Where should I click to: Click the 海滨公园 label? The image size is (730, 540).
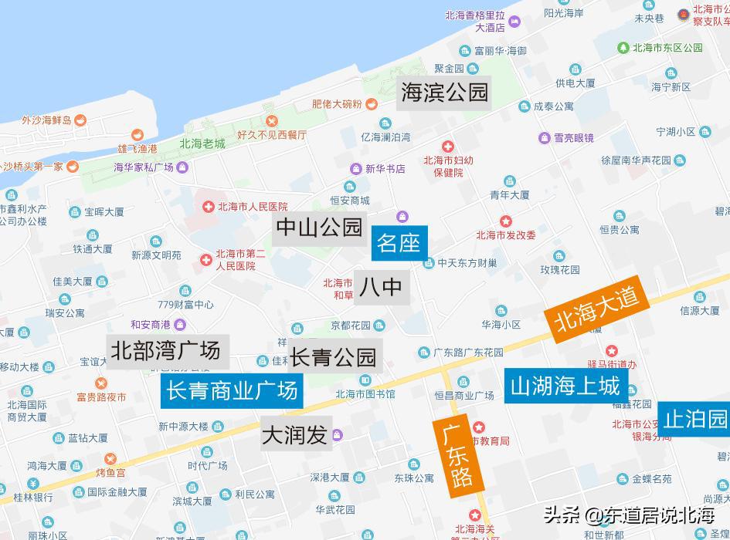tap(445, 92)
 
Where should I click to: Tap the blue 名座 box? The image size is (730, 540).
tap(399, 243)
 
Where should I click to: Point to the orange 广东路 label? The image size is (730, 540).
tap(457, 455)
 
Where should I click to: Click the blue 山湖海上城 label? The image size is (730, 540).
tap(565, 386)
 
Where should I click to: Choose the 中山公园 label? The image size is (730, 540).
tap(319, 227)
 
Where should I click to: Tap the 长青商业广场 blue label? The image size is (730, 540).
tap(233, 391)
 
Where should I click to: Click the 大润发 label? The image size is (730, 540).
tap(294, 435)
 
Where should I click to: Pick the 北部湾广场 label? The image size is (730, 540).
tap(165, 351)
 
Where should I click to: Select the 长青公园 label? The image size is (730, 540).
tap(333, 356)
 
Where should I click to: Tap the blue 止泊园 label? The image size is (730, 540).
tap(695, 419)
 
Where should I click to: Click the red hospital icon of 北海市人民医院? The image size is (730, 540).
tap(208, 207)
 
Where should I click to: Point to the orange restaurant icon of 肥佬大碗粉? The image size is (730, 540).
tap(372, 103)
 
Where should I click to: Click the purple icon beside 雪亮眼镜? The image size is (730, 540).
tap(544, 138)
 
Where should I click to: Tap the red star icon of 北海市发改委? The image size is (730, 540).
tap(505, 222)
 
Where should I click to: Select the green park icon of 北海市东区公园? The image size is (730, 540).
tap(623, 47)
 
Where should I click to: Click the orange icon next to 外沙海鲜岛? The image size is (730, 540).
tap(80, 120)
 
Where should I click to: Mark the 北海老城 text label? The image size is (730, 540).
tap(202, 143)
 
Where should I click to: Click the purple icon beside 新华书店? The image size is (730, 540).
tap(355, 169)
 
